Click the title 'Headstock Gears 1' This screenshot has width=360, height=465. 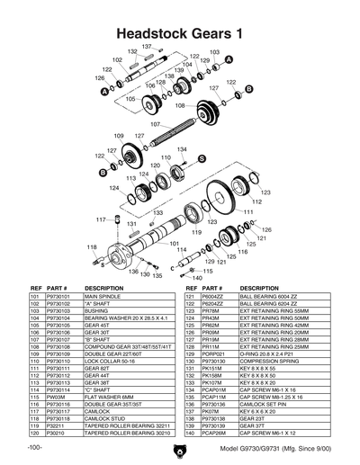(x=179, y=31)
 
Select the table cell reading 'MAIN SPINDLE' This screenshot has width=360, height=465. (x=103, y=296)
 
